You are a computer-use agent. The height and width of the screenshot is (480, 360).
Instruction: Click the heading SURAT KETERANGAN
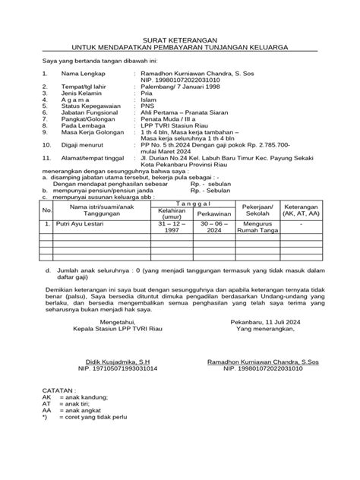(180, 38)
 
